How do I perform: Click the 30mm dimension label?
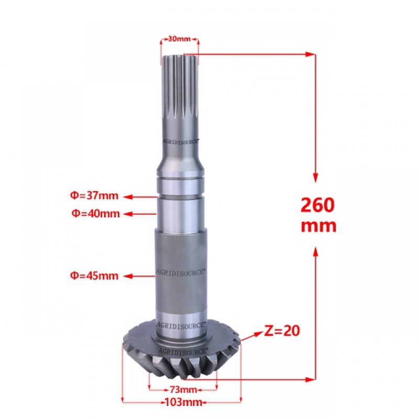click(179, 39)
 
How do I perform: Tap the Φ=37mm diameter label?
click(94, 195)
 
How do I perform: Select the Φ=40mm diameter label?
click(95, 214)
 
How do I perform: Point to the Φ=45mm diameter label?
click(94, 275)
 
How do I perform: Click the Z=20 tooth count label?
click(282, 331)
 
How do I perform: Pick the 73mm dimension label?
click(183, 390)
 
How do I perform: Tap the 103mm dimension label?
click(183, 402)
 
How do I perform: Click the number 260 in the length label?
click(317, 205)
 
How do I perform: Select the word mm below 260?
click(318, 226)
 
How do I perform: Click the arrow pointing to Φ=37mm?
click(140, 197)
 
